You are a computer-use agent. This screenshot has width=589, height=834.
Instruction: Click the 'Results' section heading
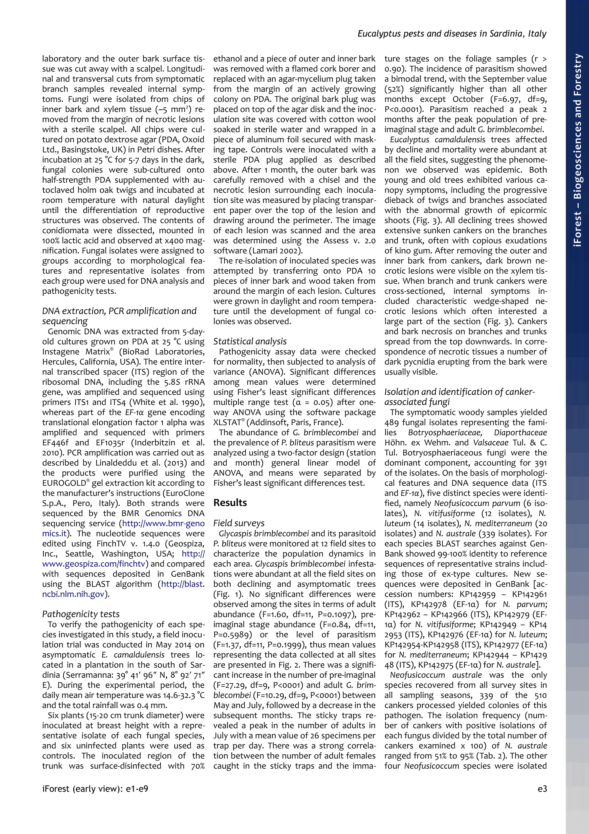(230, 503)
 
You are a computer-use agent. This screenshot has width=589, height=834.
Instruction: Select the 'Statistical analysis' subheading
(250, 341)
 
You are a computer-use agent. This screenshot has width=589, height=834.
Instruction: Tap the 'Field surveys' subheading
(239, 523)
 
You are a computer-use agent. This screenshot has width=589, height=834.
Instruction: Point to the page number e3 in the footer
(542, 789)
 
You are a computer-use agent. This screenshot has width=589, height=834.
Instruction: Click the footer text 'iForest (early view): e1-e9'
(95, 789)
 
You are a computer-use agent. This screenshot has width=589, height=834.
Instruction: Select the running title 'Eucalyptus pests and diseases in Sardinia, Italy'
(452, 34)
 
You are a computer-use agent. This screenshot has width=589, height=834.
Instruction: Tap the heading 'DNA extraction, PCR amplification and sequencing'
(119, 316)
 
